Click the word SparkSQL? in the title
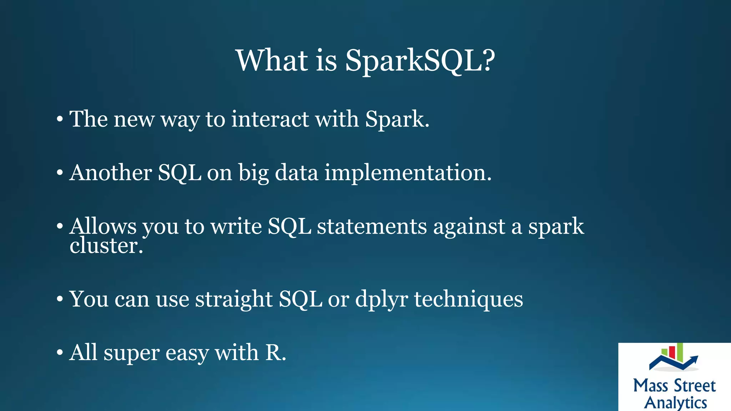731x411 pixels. coord(420,61)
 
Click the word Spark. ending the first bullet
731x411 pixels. coord(397,120)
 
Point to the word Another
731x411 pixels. coord(111,173)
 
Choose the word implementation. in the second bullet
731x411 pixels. coord(408,173)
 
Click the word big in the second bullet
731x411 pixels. coord(253,173)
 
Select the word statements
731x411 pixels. coord(372,227)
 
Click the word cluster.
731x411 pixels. coord(106,246)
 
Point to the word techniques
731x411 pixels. coord(468,299)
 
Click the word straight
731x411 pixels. coord(234,299)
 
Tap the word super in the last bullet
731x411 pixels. coord(131,353)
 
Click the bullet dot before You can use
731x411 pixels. coord(60,299)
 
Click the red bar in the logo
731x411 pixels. coord(672,352)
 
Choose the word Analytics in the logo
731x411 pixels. coord(675,402)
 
